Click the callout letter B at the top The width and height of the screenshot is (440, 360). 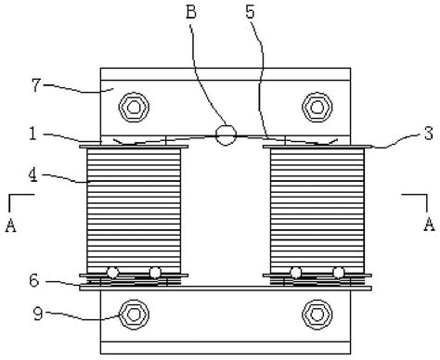191,12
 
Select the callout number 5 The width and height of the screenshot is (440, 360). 250,12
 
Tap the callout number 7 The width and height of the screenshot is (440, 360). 36,85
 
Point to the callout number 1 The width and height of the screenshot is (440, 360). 32,134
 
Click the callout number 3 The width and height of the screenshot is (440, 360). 429,134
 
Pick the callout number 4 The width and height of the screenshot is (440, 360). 32,175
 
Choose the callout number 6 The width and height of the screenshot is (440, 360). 34,280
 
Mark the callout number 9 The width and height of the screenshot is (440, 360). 38,314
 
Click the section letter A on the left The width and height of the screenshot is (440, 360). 11,225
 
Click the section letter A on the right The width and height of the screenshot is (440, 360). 429,225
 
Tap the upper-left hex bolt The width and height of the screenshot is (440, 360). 134,107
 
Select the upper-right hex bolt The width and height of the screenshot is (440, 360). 317,107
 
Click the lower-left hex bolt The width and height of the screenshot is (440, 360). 134,315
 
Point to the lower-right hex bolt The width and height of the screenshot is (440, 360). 317,315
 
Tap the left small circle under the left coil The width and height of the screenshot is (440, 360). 112,273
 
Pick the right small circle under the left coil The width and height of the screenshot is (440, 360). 155,273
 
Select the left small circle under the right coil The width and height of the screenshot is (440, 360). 296,273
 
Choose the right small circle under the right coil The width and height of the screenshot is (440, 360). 339,273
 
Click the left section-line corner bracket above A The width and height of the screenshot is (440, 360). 10,195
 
